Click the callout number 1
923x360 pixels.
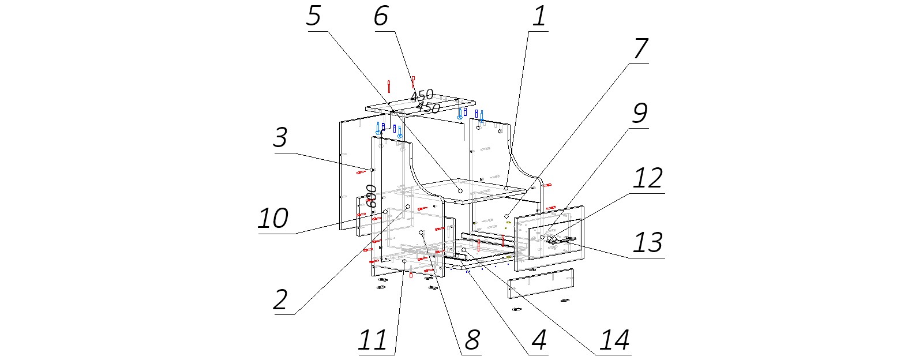pos(539,16)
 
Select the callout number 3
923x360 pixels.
pos(280,138)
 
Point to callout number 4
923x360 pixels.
pos(539,340)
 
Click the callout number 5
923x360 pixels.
pos(313,16)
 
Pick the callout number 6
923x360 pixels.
pos(381,16)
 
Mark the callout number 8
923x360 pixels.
pos(472,340)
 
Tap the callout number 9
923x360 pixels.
pos(640,114)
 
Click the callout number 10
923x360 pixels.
pos(273,219)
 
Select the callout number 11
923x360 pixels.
pos(373,340)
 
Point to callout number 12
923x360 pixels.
pos(648,179)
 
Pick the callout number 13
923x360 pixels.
pos(648,243)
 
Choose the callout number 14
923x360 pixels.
pos(614,340)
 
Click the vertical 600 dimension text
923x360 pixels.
pos(373,197)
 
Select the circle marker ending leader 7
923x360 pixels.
pos(506,216)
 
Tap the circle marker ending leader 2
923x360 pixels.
pos(408,207)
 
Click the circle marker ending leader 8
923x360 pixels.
pos(422,232)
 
